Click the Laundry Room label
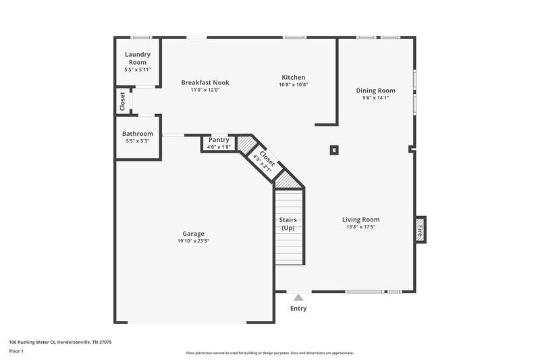pos(137,58)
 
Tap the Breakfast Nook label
pos(200,82)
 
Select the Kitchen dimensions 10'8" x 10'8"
pos(293,85)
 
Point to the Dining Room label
pos(376,91)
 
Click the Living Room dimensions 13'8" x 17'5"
pos(360,227)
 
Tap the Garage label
pos(193,234)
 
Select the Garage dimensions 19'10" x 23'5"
pos(193,241)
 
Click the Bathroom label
pos(138,134)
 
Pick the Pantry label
pos(219,140)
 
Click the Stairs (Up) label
pos(288,224)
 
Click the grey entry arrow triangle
pos(298,296)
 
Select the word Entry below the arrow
pos(298,309)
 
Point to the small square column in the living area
pos(333,151)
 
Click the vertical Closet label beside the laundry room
pos(122,101)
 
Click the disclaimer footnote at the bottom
pos(269,353)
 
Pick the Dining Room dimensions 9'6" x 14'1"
pos(376,98)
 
